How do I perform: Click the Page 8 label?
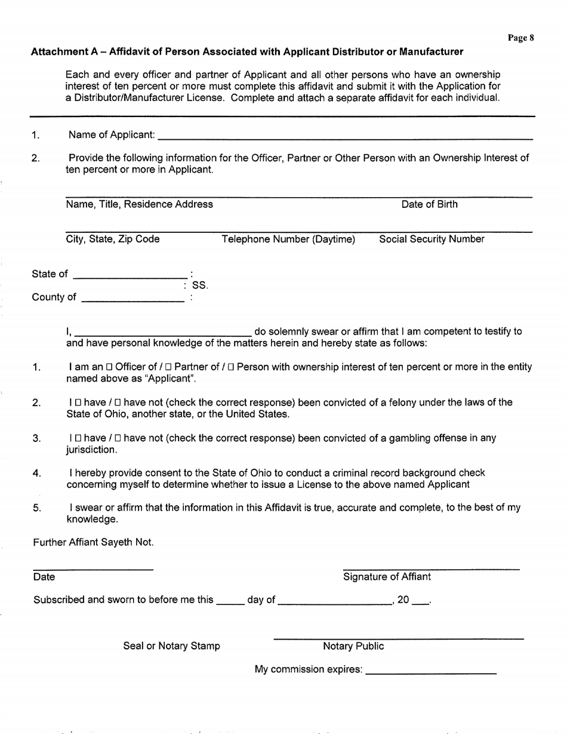pos(520,38)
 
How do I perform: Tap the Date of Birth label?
pos(430,205)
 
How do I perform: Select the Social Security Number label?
pos(432,239)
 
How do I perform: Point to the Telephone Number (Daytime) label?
pos(288,239)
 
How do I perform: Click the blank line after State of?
pos(130,275)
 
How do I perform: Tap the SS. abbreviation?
pos(200,286)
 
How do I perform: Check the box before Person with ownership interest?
pos(231,367)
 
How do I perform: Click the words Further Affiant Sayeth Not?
pos(94,543)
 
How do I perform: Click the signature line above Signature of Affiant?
pos(431,567)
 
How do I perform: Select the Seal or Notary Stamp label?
pos(171,646)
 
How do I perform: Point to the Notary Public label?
pos(353,646)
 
